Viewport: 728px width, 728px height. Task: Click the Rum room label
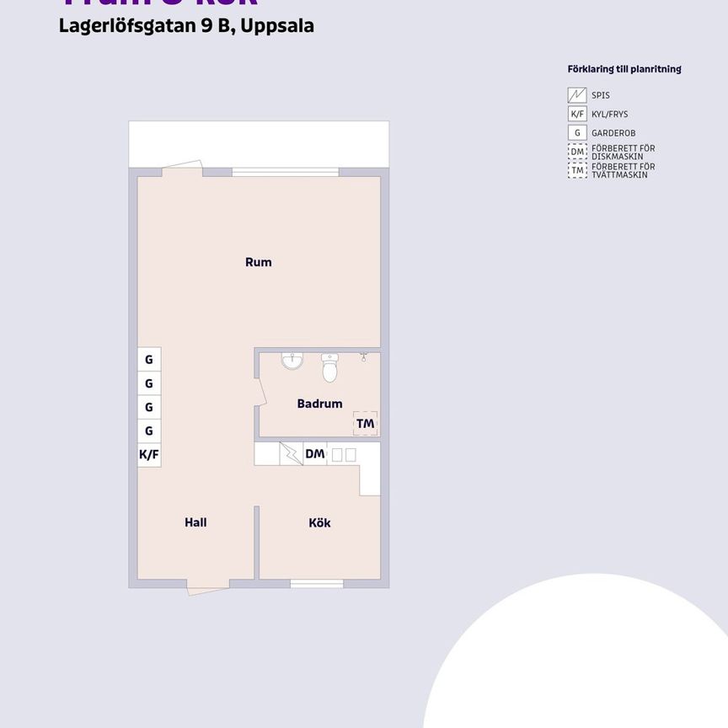pos(259,262)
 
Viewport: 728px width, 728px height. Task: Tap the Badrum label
pos(319,404)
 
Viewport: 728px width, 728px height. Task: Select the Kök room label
pos(319,522)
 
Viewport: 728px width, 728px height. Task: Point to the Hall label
pos(195,522)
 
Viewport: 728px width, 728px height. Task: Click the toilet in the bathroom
pos(329,367)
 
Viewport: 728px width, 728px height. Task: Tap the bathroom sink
pos(292,361)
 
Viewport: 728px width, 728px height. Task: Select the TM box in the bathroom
pos(365,423)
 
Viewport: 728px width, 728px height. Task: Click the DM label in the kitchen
pos(314,454)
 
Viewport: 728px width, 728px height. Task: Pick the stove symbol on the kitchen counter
pos(292,454)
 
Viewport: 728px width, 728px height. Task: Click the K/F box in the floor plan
pos(149,455)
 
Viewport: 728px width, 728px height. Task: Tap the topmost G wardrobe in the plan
pos(149,360)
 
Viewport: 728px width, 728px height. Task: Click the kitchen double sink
pos(344,454)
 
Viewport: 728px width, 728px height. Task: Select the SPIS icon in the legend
pos(577,95)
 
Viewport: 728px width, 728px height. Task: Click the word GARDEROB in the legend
pos(613,133)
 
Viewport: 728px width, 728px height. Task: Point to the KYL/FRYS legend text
pos(610,115)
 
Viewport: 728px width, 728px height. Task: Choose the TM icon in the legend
pos(577,170)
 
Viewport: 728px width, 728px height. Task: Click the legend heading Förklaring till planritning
pos(624,69)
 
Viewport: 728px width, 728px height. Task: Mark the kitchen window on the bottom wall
pos(317,583)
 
